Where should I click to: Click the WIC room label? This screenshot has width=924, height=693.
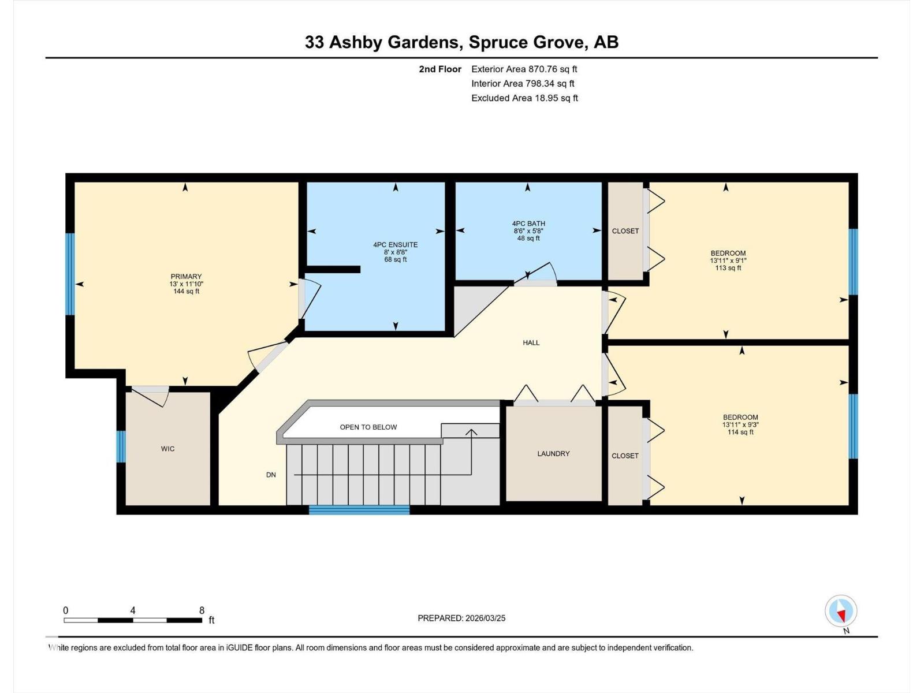pyautogui.click(x=167, y=449)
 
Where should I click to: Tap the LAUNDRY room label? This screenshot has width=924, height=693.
pyautogui.click(x=553, y=454)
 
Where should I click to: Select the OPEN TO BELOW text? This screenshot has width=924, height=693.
pyautogui.click(x=368, y=427)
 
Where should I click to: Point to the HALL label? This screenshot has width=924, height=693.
pyautogui.click(x=531, y=343)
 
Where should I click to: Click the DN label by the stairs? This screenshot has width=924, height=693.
pyautogui.click(x=271, y=475)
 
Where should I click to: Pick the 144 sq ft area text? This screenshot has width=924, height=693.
pyautogui.click(x=186, y=292)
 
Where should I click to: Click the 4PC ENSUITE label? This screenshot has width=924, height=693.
pyautogui.click(x=396, y=245)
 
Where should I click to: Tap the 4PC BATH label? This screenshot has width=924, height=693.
pyautogui.click(x=528, y=223)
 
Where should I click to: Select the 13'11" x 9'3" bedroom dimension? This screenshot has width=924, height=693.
pyautogui.click(x=740, y=424)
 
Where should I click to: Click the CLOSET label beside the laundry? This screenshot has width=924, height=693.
pyautogui.click(x=625, y=456)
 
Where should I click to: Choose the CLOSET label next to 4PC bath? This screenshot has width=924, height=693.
pyautogui.click(x=625, y=231)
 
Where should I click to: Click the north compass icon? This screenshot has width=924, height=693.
pyautogui.click(x=841, y=612)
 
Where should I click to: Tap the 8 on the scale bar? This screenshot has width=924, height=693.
pyautogui.click(x=202, y=610)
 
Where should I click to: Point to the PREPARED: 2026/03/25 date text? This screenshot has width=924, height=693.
pyautogui.click(x=461, y=618)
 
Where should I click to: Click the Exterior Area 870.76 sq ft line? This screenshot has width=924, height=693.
pyautogui.click(x=524, y=69)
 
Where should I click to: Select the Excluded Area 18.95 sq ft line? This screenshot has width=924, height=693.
pyautogui.click(x=524, y=98)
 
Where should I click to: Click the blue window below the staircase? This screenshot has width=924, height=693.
pyautogui.click(x=359, y=510)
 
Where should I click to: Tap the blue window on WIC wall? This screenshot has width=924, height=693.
pyautogui.click(x=121, y=446)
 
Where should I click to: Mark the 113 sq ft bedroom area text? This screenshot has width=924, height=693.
pyautogui.click(x=728, y=268)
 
